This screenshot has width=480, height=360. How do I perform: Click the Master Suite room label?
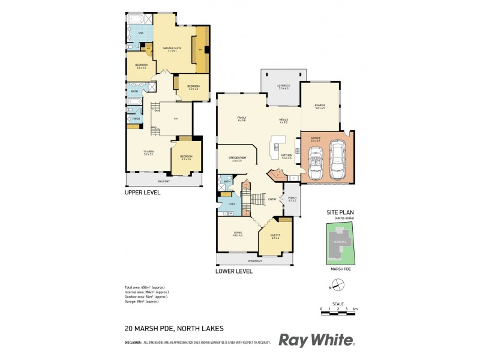[172, 49]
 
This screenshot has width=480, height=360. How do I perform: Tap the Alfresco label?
[283, 86]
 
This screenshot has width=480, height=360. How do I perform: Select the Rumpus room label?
[320, 107]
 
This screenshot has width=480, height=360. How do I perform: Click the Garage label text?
[316, 138]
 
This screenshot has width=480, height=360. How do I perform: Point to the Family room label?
[242, 118]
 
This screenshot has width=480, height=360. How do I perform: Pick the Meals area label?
[283, 120]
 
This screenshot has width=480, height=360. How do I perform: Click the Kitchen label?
[287, 155]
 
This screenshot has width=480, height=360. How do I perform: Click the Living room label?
[238, 233]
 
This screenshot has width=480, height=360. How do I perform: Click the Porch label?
[292, 197]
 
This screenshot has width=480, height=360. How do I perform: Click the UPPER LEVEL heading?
[143, 193]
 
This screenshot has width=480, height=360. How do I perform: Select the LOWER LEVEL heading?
[235, 272]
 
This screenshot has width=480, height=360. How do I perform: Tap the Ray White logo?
[317, 340]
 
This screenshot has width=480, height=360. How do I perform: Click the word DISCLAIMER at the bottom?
[133, 343]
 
